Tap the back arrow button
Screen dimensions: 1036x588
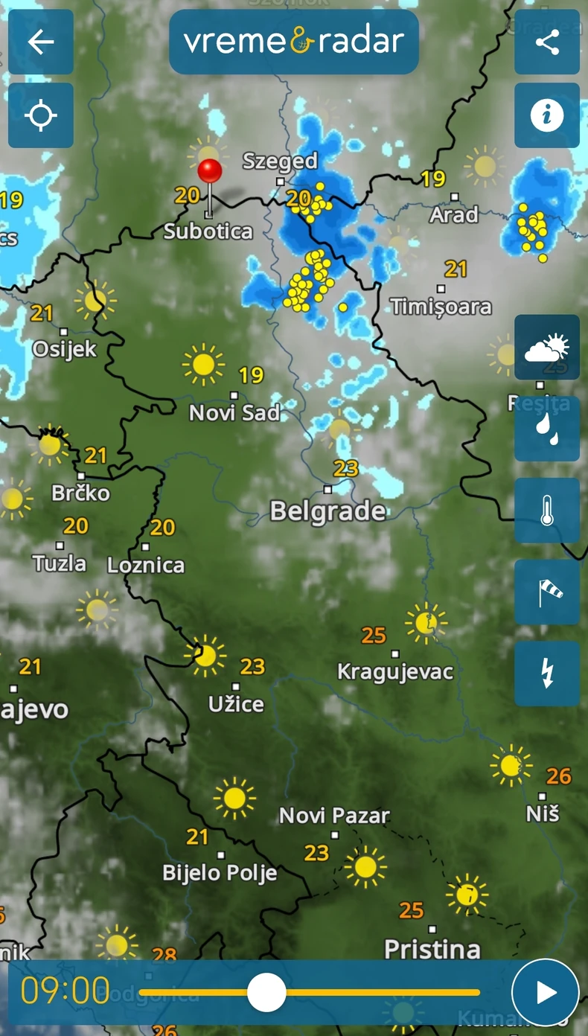click(41, 42)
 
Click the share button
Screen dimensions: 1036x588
click(547, 42)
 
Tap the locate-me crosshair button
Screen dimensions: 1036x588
click(41, 115)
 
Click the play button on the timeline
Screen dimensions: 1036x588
click(546, 992)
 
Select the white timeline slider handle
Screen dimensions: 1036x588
click(266, 992)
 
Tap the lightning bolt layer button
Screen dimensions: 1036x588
click(547, 674)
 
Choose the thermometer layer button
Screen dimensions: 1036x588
click(547, 511)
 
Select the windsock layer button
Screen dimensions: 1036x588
click(547, 592)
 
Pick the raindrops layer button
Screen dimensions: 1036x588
click(547, 429)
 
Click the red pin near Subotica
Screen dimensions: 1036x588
click(210, 172)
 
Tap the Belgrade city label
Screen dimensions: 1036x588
click(327, 511)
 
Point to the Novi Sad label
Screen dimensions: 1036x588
click(234, 412)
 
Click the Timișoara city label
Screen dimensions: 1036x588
click(441, 306)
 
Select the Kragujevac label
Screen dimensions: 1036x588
click(395, 671)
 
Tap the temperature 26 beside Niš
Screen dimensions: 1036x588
click(559, 776)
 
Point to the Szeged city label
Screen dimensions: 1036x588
click(280, 161)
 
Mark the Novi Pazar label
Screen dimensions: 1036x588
click(334, 816)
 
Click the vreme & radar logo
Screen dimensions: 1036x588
click(294, 42)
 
